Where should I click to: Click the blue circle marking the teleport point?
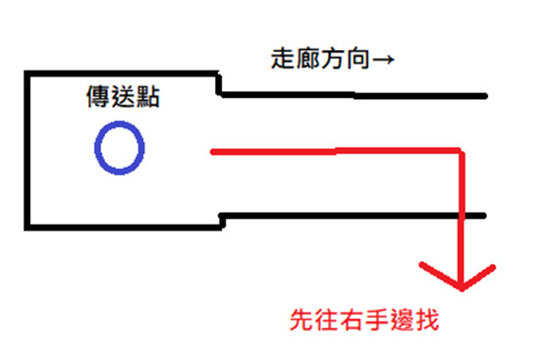(120, 147)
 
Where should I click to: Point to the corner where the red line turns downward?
(459, 151)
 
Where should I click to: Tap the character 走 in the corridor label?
(280, 59)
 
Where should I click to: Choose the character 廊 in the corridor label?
(304, 59)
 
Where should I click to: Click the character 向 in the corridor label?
(356, 59)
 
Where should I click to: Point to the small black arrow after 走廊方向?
(384, 60)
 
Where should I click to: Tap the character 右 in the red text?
(354, 320)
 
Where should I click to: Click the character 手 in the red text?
(380, 320)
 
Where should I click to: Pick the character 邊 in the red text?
(405, 320)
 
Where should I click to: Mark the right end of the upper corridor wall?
(484, 96)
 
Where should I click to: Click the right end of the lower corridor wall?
(484, 215)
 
